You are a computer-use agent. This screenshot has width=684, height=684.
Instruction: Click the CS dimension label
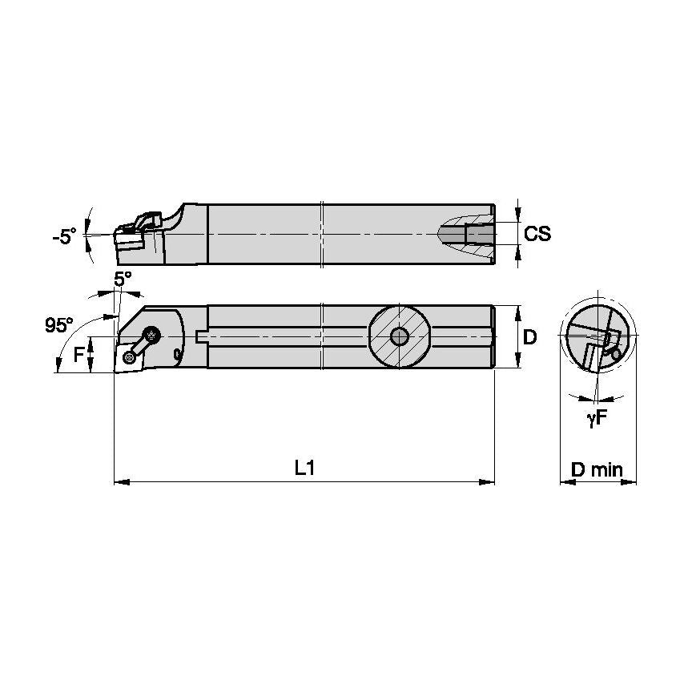coord(537,233)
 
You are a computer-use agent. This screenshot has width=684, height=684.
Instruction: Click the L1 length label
coord(304,469)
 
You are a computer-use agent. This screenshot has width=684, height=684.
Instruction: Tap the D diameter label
coord(529,337)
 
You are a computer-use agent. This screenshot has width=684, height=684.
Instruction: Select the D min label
coord(597,469)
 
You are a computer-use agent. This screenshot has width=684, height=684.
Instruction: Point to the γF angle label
coord(595,416)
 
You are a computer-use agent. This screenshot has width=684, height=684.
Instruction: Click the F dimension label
coord(79,354)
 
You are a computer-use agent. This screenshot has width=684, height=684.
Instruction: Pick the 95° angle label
coord(58,325)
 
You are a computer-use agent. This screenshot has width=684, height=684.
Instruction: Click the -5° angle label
coord(64,236)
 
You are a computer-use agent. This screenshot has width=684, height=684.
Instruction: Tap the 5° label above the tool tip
coord(122,280)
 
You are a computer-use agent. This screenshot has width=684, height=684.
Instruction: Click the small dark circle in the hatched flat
coord(398,336)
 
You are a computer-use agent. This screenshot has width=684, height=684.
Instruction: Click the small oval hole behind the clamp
coord(176,353)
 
